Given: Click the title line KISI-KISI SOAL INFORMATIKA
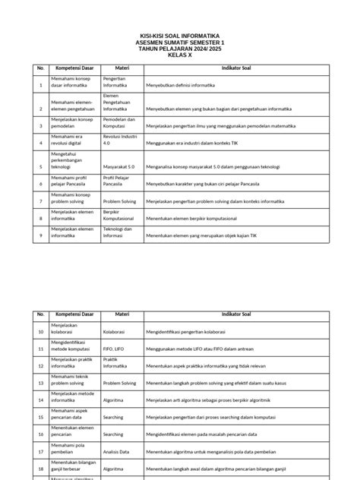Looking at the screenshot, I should click(180, 35).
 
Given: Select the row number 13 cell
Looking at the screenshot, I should click(40, 382).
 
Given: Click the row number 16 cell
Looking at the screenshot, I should click(40, 434).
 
